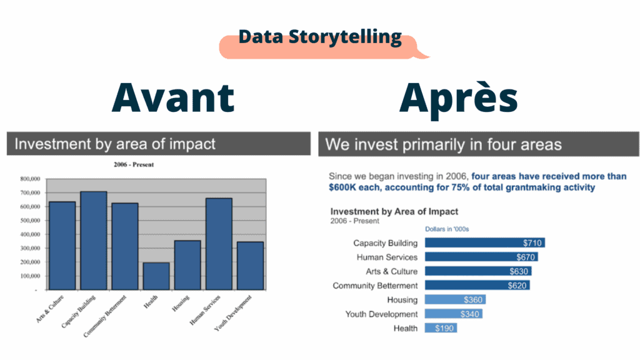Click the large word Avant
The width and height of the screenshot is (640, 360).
coord(173,97)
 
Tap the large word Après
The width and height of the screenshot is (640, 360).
coord(459,99)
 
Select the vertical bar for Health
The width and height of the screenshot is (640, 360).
coord(156,276)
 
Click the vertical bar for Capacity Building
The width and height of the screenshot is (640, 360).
coord(93,241)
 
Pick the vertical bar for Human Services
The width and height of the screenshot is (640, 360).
coord(218,244)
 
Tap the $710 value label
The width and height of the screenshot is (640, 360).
coord(532,243)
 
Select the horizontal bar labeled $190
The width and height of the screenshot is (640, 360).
coord(441,328)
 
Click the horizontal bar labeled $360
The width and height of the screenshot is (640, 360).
coord(454,300)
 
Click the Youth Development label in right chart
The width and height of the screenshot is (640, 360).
coord(381,314)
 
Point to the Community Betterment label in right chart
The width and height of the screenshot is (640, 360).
coord(375,286)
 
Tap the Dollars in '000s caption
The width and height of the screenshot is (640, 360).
coord(447,229)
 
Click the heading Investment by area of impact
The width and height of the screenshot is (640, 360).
coord(115,144)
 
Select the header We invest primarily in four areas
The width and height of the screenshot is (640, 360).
coord(444,145)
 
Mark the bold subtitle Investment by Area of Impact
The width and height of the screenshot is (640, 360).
coord(394,212)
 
